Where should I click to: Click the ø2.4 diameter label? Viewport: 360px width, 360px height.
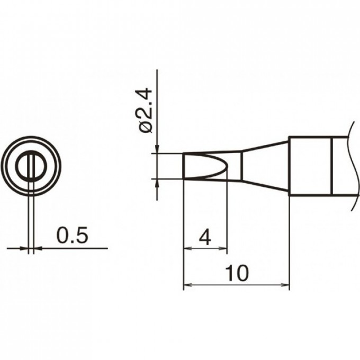(x=146, y=111)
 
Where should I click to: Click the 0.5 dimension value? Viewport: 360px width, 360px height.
(x=72, y=236)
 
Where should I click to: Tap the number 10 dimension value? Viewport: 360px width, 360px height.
(x=237, y=273)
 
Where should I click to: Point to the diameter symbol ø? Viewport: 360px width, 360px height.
(x=146, y=127)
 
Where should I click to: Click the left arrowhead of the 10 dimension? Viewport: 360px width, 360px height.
(x=187, y=285)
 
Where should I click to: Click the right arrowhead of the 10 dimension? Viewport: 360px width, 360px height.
(x=285, y=285)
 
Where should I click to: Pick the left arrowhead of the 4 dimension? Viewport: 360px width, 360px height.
(x=188, y=248)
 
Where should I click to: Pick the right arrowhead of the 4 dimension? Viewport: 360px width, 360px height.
(x=223, y=248)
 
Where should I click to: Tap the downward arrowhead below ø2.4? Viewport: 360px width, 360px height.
(x=157, y=149)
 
